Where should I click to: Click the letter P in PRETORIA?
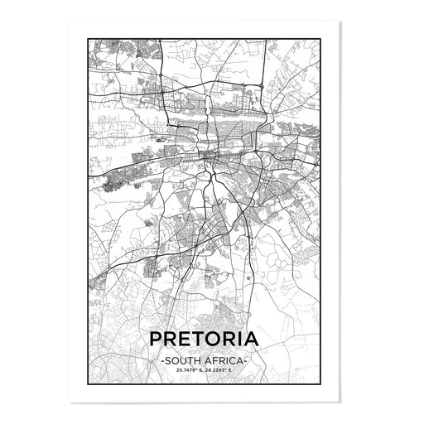pos(155,340)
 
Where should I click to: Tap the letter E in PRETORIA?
pos(185,340)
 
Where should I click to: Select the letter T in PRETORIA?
pos(199,340)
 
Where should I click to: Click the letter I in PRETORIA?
pos(245,340)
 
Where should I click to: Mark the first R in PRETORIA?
pos(170,340)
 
